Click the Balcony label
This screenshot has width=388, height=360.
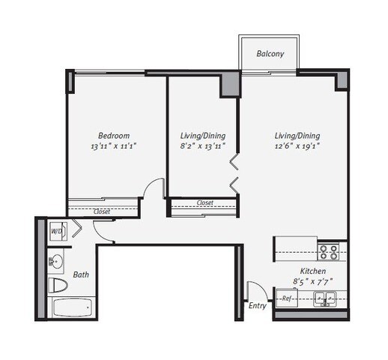point(270,54)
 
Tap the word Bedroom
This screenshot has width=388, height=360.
point(114,136)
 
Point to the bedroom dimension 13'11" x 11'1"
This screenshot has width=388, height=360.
point(114,146)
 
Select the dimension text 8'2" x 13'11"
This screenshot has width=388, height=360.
point(203,146)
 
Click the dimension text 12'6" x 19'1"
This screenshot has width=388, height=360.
point(297,146)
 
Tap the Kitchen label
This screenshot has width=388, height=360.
point(313,271)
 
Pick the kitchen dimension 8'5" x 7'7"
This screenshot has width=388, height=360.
point(313,282)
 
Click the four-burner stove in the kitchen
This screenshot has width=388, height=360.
point(328,252)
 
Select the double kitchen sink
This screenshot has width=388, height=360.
point(325,298)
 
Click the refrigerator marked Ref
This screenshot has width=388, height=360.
point(287,298)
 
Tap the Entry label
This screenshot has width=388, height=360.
point(258,306)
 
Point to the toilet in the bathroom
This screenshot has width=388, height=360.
point(58,285)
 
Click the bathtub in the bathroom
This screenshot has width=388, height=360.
point(72,307)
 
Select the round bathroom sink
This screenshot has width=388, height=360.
point(56,261)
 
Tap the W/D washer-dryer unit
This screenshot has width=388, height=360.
point(58,231)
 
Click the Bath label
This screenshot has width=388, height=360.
point(81,274)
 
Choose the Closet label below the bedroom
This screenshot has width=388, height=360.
point(102,211)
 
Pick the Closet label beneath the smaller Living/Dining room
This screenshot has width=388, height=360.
point(204,202)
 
